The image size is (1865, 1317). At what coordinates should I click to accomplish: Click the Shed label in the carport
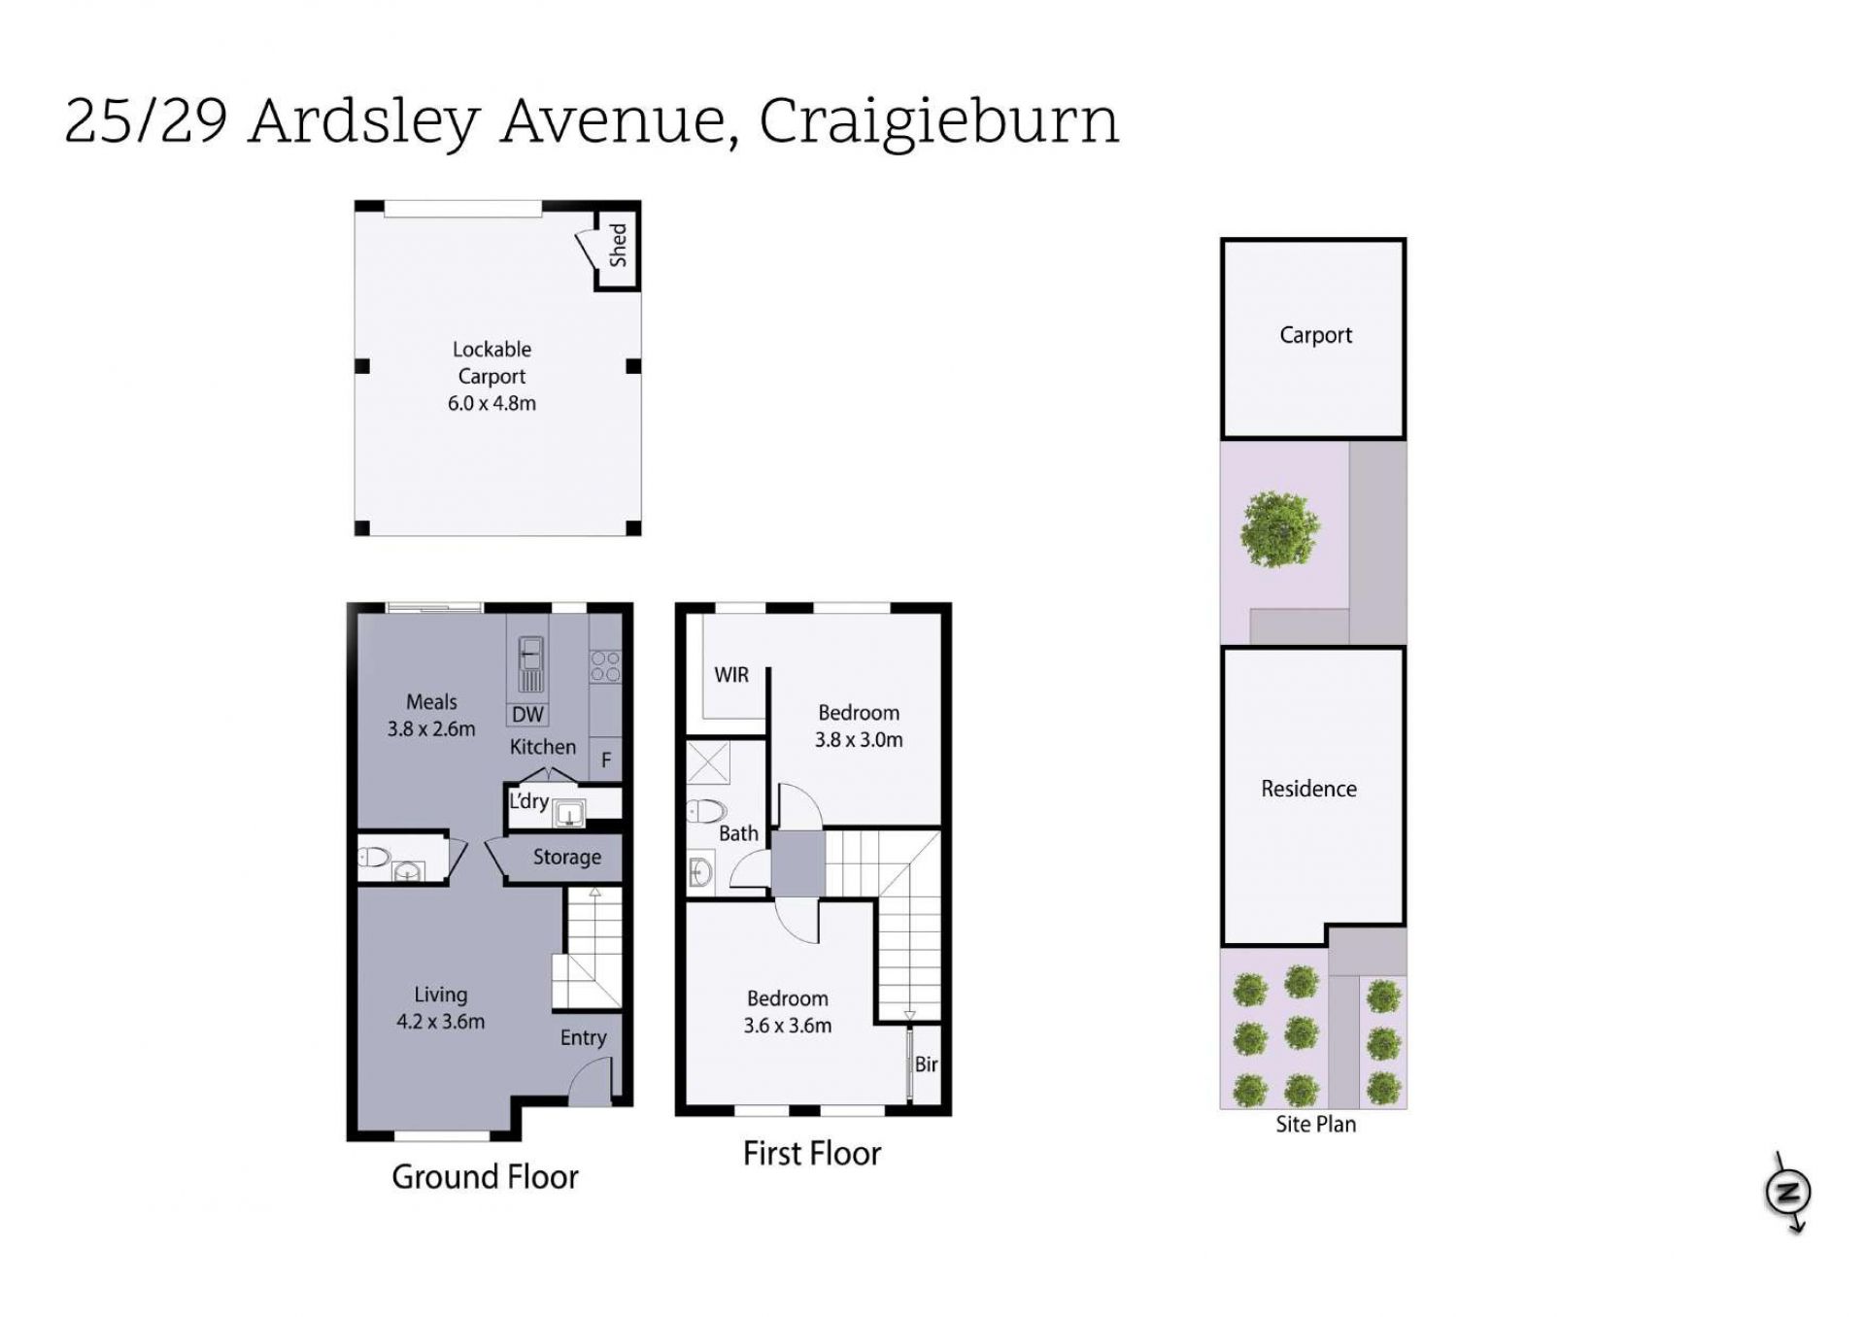click(618, 245)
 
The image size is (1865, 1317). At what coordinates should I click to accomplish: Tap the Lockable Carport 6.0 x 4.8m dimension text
click(492, 403)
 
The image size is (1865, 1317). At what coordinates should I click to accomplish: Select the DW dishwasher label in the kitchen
click(527, 715)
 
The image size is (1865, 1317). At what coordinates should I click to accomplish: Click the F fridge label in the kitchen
click(606, 760)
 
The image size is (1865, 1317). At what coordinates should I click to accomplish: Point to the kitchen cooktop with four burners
click(605, 666)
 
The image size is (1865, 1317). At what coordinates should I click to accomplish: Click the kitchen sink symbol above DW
click(530, 663)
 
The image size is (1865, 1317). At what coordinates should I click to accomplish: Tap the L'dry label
click(529, 801)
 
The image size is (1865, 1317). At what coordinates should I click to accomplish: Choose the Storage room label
click(567, 857)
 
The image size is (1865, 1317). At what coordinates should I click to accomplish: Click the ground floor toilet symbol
click(374, 858)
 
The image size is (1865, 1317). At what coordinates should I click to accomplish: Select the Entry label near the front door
click(583, 1037)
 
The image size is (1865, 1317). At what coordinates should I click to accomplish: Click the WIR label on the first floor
click(731, 675)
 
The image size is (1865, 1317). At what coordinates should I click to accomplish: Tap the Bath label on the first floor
click(738, 833)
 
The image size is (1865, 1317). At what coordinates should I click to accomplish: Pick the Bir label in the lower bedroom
click(926, 1064)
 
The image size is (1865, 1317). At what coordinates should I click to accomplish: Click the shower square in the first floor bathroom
click(709, 762)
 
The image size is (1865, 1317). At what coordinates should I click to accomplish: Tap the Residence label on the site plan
click(1308, 789)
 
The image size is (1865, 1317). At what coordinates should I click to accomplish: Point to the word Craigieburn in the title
click(938, 123)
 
